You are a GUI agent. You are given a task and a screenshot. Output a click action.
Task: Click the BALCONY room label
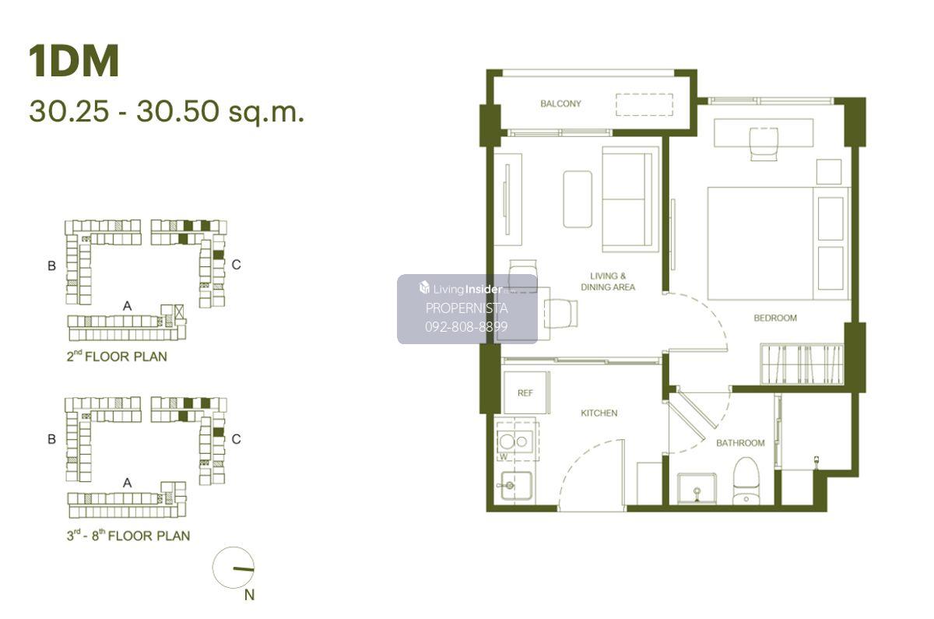(560, 104)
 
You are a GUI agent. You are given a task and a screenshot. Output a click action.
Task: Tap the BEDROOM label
(775, 318)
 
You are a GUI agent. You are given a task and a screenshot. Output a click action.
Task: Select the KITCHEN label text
(599, 413)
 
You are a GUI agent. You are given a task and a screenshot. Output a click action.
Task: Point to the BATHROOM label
(740, 443)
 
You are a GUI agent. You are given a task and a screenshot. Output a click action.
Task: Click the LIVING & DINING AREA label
(608, 282)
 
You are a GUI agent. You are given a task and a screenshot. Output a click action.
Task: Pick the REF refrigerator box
(525, 392)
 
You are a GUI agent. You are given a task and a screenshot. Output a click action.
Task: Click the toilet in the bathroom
(746, 481)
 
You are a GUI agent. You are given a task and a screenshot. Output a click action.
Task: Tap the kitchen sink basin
(516, 486)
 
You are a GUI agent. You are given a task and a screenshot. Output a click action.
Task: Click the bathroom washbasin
(697, 488)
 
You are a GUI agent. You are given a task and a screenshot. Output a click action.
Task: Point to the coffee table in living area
(578, 199)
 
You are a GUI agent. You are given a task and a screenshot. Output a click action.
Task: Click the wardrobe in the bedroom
(802, 364)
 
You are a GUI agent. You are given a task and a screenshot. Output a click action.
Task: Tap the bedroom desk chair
(764, 144)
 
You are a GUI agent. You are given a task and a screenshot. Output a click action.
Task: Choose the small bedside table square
(828, 171)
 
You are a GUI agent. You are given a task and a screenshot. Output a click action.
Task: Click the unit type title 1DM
(74, 62)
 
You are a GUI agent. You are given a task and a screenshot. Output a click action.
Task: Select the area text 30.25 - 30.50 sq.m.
(167, 111)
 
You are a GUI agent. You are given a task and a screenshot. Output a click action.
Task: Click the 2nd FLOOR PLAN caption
(117, 357)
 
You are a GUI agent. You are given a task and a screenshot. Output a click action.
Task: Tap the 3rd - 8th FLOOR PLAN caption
(128, 535)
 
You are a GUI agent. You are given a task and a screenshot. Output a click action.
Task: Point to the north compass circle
(233, 568)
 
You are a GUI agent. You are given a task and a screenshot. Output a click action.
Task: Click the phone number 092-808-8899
(466, 326)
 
